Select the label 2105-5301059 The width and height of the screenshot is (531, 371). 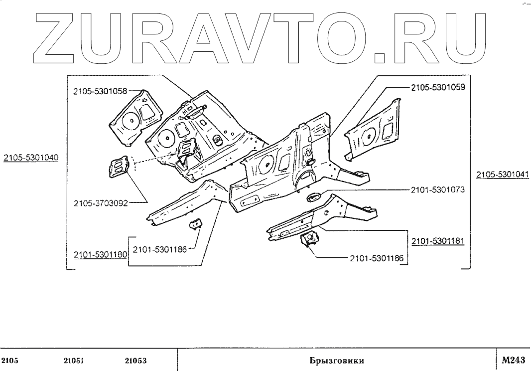438,87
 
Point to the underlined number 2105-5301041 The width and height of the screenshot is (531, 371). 502,175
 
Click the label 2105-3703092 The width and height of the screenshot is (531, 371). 100,203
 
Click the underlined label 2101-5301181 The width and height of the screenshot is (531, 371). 438,241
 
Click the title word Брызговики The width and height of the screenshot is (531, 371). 335,361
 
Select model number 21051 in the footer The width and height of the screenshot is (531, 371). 73,361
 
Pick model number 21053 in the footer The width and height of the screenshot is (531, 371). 135,361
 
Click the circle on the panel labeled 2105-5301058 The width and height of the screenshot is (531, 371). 130,120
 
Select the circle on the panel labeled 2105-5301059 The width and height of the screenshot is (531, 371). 369,135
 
